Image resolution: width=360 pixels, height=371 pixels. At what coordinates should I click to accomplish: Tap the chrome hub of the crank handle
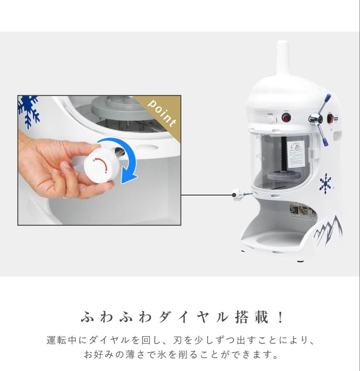[315, 119]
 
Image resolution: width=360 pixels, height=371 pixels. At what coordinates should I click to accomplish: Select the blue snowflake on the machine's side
[325, 183]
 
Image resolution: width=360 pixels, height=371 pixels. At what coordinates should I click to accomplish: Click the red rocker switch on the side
[330, 119]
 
